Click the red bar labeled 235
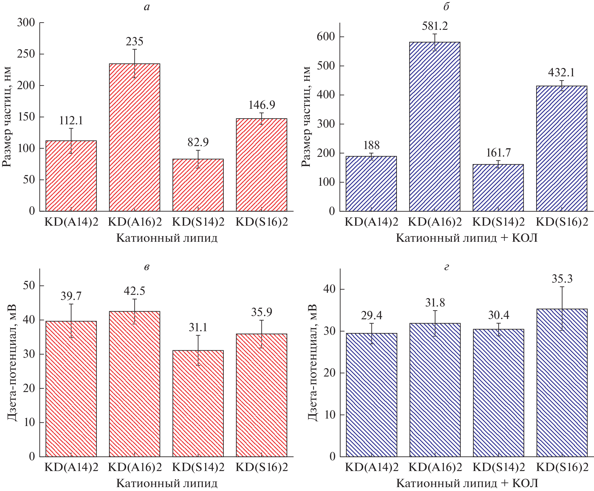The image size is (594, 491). pos(134,137)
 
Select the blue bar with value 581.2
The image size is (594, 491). pos(434,127)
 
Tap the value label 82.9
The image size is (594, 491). pos(198,143)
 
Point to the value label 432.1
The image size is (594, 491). pos(561,73)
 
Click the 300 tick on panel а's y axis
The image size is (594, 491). pos(26,23)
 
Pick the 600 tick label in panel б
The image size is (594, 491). pos(326,37)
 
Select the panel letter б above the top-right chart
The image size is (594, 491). pos(446,7)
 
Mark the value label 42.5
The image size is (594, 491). pos(134,291)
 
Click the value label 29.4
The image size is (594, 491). pos(372,315)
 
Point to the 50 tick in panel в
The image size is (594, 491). pos(29,286)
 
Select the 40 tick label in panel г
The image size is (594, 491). pos(329,289)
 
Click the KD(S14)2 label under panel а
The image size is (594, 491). pos(198,222)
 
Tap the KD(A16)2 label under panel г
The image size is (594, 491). pos(435,467)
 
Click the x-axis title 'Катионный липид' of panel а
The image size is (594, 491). pos(167,238)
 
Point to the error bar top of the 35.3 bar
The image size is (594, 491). pos(562,287)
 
